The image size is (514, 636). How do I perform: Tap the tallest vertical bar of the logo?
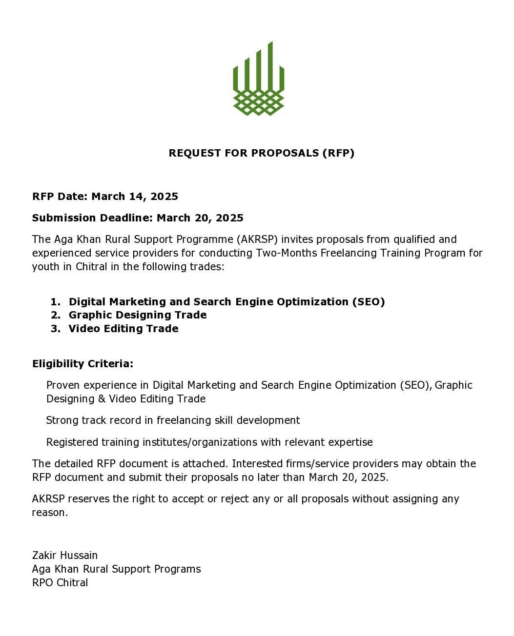click(x=270, y=66)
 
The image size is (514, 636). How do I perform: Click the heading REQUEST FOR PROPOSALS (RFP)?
click(x=261, y=153)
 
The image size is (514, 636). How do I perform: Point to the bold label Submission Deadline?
click(x=92, y=218)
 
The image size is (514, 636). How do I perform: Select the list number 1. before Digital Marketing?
click(x=55, y=302)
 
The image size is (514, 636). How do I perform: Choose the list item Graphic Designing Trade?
click(x=137, y=315)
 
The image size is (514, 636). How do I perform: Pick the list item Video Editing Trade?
click(x=123, y=329)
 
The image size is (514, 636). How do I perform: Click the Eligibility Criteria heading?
click(x=82, y=364)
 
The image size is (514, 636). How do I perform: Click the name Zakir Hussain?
click(x=65, y=556)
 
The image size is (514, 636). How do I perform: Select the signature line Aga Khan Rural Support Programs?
click(x=116, y=569)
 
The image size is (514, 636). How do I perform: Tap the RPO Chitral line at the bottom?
click(x=60, y=583)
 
